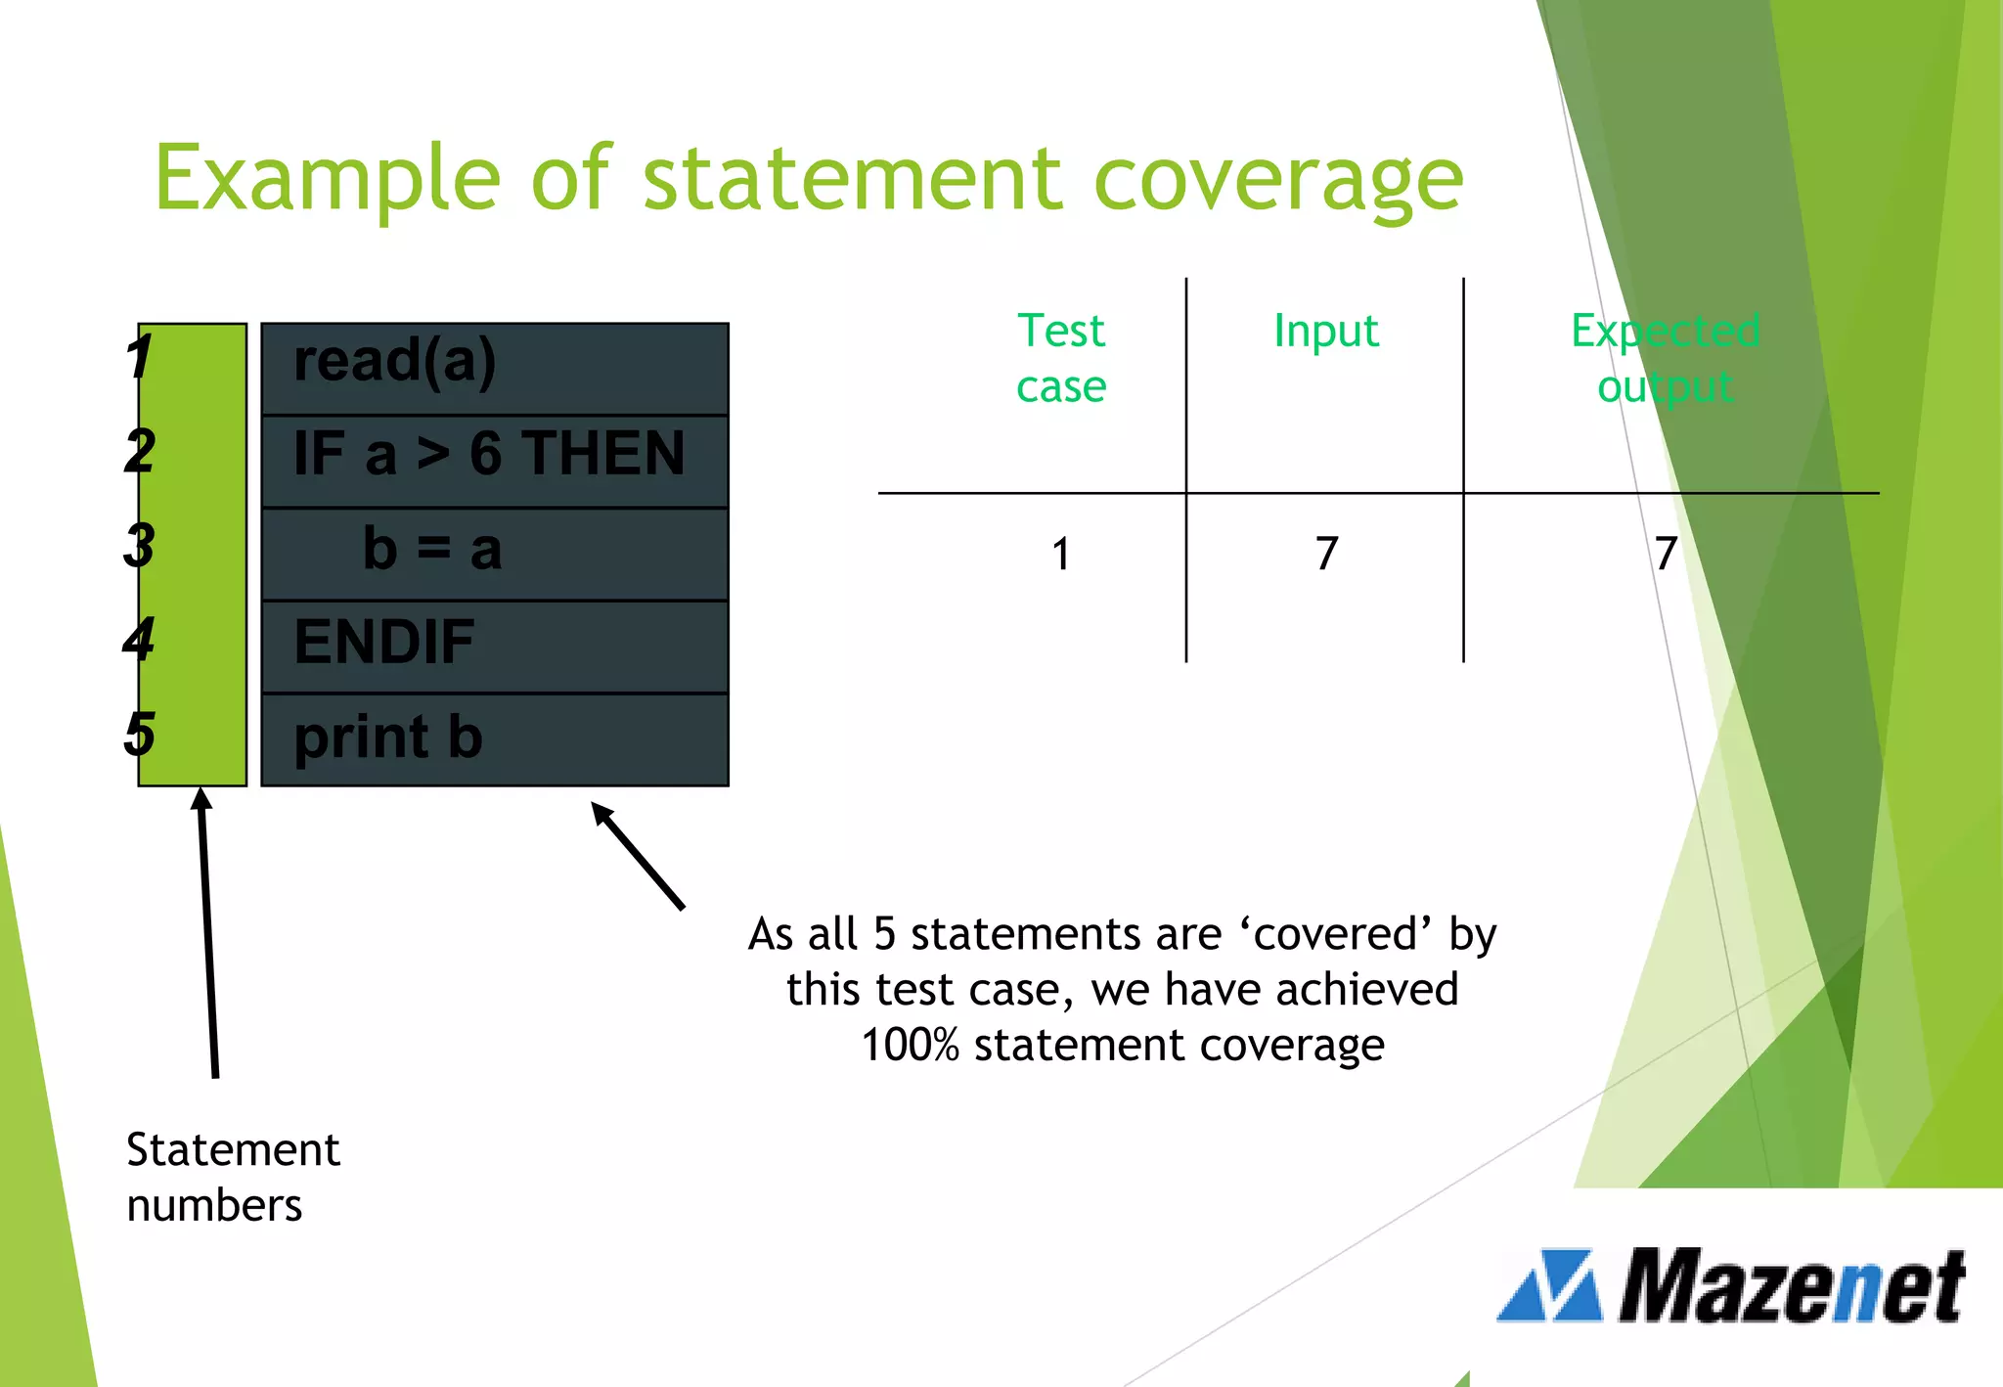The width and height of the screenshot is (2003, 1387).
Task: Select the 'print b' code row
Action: pos(494,739)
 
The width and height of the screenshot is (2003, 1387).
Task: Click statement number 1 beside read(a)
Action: pos(139,358)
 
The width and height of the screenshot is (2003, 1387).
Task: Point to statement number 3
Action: pos(139,546)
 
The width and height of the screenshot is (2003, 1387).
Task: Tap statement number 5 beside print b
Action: pos(139,734)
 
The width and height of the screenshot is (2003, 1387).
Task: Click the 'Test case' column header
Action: pos(1061,358)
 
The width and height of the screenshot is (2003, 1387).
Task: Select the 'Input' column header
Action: pos(1325,331)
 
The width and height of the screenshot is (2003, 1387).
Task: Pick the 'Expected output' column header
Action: pos(1665,358)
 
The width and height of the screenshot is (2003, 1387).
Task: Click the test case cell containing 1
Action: pos(1061,555)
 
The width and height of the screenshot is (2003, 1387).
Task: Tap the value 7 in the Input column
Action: pos(1326,555)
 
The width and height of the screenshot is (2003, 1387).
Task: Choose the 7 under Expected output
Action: pos(1666,555)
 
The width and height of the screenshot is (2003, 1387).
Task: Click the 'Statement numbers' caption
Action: pos(232,1177)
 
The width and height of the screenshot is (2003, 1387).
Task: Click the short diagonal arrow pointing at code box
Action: pos(638,856)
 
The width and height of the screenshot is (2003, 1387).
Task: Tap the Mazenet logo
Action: pos(1731,1286)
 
